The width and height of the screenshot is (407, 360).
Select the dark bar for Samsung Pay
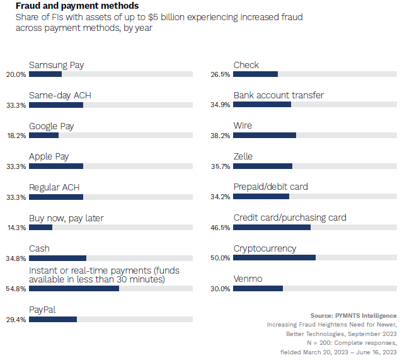tap(45, 74)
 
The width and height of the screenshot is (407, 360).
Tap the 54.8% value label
tap(16, 289)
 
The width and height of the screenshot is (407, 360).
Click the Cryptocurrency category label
tap(265, 248)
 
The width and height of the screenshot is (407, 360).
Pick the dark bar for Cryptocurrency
tap(274, 257)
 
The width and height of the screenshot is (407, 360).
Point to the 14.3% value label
tap(16, 228)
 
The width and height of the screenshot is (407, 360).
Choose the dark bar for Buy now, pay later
tap(40, 227)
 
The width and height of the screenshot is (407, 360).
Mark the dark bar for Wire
tap(265, 135)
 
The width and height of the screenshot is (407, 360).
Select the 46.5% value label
tap(220, 228)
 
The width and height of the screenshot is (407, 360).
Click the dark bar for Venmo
tap(258, 288)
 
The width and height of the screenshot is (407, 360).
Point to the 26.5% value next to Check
tap(220, 74)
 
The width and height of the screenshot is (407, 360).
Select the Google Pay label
tap(52, 126)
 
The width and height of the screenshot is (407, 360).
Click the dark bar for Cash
tap(57, 257)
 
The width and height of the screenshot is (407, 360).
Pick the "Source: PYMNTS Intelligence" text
tap(353, 315)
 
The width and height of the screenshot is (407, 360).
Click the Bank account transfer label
tap(278, 95)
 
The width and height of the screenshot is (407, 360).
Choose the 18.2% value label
tap(16, 136)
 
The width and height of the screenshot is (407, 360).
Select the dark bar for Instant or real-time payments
tap(74, 288)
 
